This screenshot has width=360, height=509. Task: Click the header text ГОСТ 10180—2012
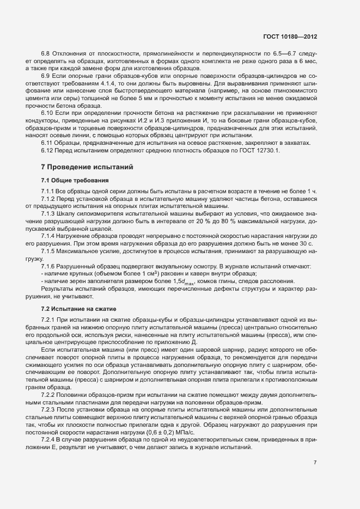290,37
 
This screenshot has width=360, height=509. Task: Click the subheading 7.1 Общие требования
75,180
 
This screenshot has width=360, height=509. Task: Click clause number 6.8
46,53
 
